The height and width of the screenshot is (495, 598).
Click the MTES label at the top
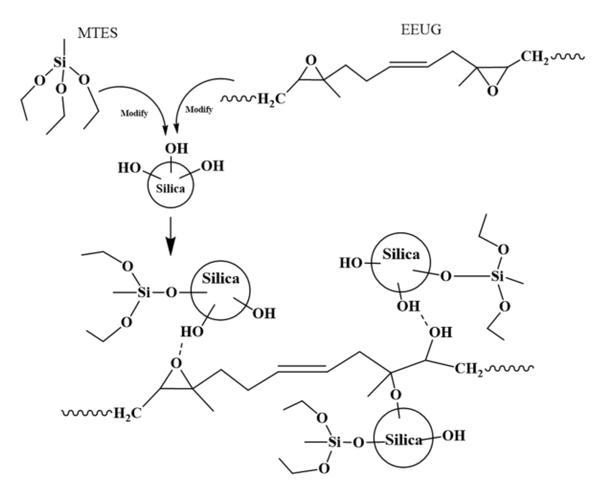97,33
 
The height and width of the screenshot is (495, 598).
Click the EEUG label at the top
421,30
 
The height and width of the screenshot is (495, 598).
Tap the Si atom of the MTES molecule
60,62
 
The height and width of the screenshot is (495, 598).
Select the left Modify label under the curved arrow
134,113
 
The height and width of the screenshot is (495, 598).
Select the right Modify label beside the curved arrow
199,110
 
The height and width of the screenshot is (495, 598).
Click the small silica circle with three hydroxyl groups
170,185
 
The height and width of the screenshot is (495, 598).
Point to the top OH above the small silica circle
176,148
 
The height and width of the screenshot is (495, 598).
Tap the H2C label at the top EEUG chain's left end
271,99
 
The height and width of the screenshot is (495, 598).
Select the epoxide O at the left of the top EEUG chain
311,61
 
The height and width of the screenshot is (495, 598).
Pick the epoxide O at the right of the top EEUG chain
493,91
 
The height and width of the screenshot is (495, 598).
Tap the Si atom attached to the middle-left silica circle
144,292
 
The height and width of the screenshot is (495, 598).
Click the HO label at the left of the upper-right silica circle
350,263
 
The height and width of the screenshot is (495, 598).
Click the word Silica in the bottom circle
404,441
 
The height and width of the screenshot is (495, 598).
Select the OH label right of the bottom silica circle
454,436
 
